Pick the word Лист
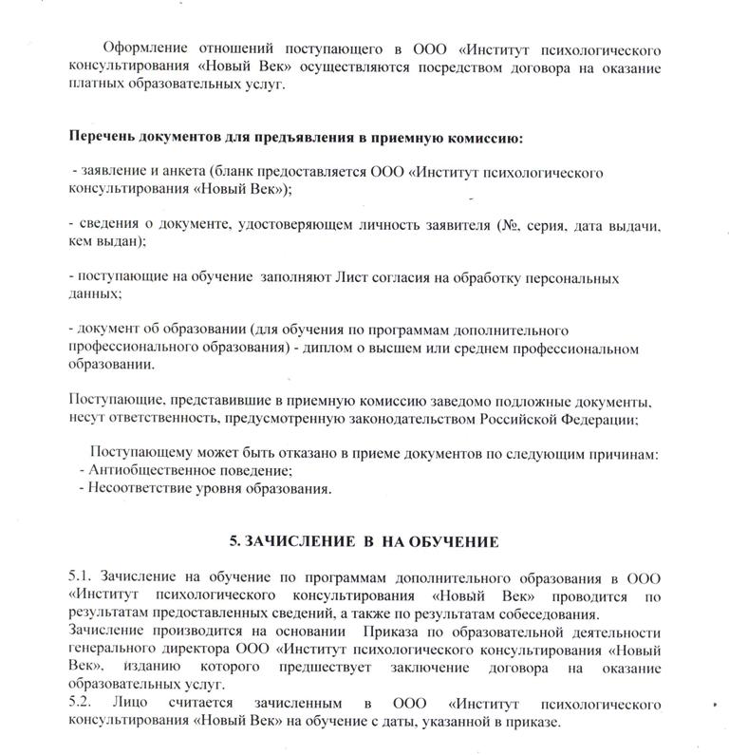tap(350, 278)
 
